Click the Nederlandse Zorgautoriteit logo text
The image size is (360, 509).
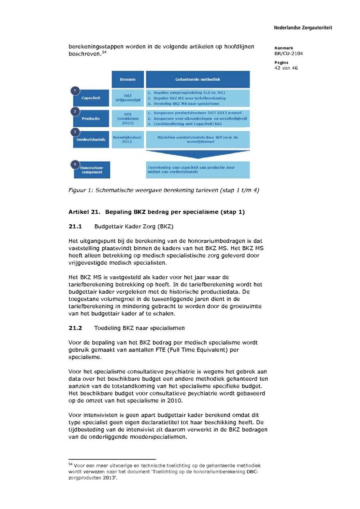coord(303,28)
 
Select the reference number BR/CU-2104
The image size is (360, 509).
coord(288,54)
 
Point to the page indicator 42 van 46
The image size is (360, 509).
coord(286,68)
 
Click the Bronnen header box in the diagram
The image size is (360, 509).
coord(127,80)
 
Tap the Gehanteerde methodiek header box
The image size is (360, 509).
coord(198,80)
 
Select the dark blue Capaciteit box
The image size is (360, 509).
coord(91,98)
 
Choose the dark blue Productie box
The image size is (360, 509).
coord(91,119)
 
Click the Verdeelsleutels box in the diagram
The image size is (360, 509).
coord(91,140)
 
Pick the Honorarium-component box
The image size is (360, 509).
coord(92,170)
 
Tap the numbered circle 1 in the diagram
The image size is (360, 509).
coord(74,91)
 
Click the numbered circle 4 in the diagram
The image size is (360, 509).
coord(74,164)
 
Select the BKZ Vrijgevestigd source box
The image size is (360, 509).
coord(128,98)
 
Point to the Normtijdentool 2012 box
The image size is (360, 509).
coord(128,140)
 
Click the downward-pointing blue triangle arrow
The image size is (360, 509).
coord(198,155)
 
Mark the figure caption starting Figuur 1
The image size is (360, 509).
coord(164,190)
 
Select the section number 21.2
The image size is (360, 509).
coord(75,328)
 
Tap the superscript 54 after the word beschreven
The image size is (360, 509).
coord(104,52)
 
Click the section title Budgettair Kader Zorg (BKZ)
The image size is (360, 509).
coord(134,227)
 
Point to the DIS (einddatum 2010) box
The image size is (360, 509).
coord(128,119)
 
